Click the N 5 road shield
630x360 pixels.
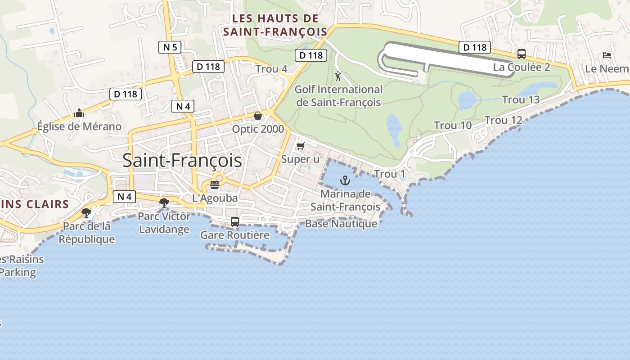[x=170, y=47]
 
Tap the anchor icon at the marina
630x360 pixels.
[x=345, y=181]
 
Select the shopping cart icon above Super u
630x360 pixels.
[x=301, y=146]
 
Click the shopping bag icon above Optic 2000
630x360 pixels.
[x=258, y=116]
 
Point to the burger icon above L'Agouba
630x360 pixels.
[x=215, y=184]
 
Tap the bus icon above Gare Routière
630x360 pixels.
[x=235, y=221]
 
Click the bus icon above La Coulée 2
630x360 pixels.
[x=522, y=54]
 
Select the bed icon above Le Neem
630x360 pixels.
[x=607, y=55]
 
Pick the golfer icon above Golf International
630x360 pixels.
[x=338, y=76]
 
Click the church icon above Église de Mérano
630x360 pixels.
[x=79, y=113]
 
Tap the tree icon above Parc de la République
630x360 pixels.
[x=86, y=212]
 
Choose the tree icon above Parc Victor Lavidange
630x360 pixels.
[x=164, y=203]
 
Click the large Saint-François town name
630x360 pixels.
[x=182, y=161]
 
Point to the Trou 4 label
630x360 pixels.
[x=271, y=69]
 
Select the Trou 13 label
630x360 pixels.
[x=521, y=99]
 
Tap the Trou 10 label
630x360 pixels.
[x=453, y=126]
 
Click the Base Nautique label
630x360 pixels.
[x=341, y=224]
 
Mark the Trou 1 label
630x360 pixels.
[x=390, y=174]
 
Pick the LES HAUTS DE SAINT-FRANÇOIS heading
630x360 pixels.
[x=275, y=25]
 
